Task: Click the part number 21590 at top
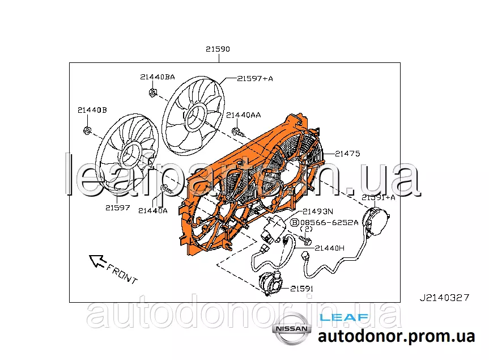(x=218, y=49)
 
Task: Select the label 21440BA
(x=158, y=77)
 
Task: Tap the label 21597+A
(x=255, y=78)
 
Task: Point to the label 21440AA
(x=244, y=115)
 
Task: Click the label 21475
(x=347, y=153)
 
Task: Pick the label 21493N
(x=317, y=211)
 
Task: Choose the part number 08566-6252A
(x=329, y=222)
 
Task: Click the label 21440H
(x=329, y=248)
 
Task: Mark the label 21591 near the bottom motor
(x=302, y=289)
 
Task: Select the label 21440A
(x=153, y=210)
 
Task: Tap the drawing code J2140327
(x=444, y=297)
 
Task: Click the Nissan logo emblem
(x=291, y=329)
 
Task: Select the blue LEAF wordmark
(x=344, y=317)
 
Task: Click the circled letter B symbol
(x=295, y=223)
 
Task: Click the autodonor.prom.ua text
(x=396, y=336)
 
